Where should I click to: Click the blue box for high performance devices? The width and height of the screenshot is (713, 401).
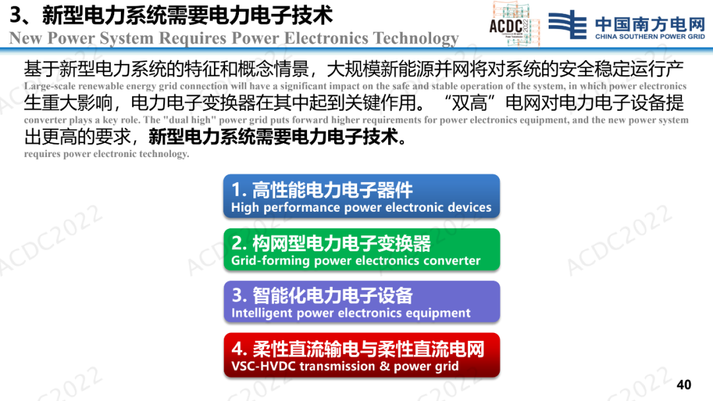pos(362,196)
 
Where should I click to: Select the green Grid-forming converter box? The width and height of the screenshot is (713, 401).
pos(362,250)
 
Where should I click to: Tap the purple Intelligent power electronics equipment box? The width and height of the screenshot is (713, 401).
pos(362,302)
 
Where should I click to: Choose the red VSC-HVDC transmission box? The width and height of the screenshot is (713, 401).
pos(362,355)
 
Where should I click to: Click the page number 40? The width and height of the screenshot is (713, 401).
pos(684,385)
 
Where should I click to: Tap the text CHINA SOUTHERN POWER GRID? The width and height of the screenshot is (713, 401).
pos(650,37)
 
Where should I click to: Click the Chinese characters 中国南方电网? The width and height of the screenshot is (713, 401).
pos(650,23)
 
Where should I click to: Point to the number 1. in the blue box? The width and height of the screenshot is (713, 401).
pos(239,189)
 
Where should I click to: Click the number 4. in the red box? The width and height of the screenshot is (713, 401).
pos(239,349)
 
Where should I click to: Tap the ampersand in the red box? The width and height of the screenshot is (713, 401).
pos(385,365)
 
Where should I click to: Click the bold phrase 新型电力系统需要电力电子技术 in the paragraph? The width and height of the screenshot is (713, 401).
pos(274,137)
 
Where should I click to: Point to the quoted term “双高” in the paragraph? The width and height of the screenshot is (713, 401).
pos(470,103)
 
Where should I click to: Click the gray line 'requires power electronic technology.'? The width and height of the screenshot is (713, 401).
pos(106,154)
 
